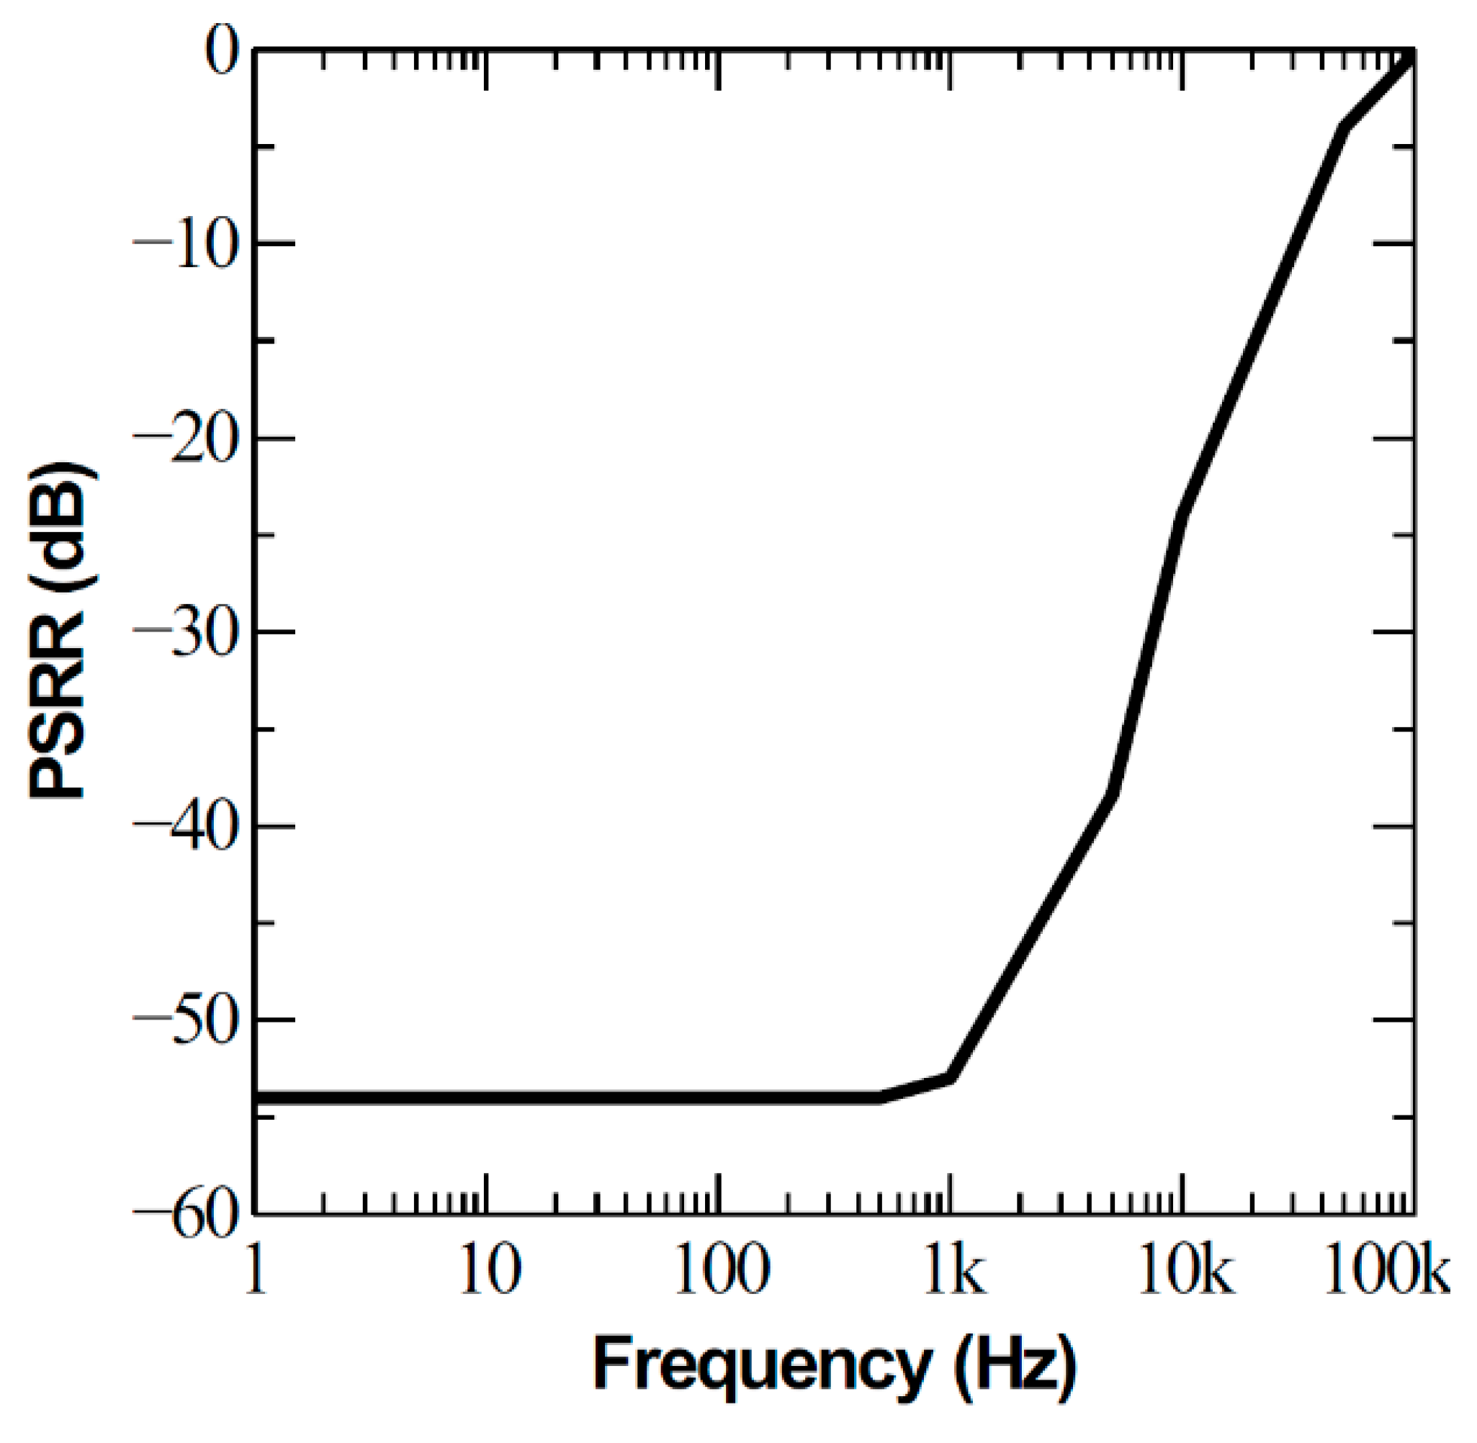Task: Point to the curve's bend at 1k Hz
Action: pyautogui.click(x=952, y=1078)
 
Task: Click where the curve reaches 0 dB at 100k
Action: pyautogui.click(x=1411, y=53)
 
